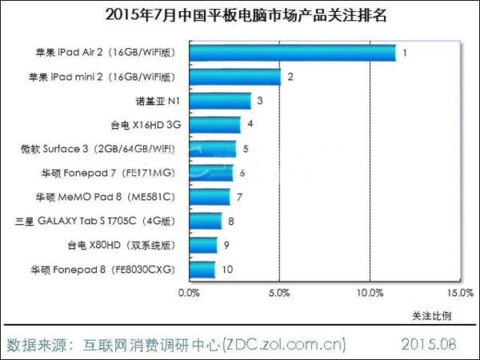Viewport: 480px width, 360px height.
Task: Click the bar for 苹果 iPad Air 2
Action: (292, 54)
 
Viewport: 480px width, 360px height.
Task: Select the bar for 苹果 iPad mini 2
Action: (234, 78)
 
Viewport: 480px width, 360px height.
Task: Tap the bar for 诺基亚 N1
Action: (219, 101)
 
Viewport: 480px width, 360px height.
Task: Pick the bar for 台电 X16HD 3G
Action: (214, 125)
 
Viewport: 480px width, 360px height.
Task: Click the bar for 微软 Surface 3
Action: (212, 149)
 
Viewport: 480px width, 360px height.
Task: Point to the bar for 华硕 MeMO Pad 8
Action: (209, 197)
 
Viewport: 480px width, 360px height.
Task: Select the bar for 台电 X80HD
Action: (202, 245)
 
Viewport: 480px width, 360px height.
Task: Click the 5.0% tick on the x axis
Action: (279, 294)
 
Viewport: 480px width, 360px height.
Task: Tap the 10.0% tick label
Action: (370, 294)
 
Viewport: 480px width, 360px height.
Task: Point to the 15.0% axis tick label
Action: (460, 294)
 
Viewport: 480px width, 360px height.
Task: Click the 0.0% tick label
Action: (189, 294)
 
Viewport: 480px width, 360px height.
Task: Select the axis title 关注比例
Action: (432, 314)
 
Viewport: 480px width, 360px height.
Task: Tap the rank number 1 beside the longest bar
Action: (406, 54)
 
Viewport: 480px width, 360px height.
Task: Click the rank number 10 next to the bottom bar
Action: (228, 269)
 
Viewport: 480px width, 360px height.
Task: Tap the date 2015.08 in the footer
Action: (427, 345)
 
